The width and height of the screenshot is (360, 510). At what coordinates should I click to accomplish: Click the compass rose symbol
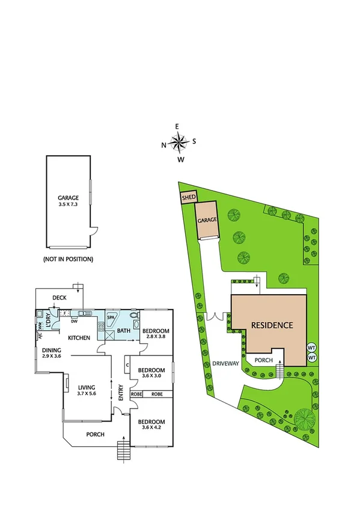coord(178,143)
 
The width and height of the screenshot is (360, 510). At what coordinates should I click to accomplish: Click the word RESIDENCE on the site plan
coord(272,325)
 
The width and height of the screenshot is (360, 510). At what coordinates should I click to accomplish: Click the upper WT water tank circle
coord(311,348)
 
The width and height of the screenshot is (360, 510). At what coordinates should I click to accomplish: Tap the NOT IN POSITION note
coord(68,259)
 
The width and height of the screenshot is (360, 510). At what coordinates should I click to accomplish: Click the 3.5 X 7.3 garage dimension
coord(68,204)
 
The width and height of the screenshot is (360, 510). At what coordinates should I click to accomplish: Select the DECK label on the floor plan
coord(59,297)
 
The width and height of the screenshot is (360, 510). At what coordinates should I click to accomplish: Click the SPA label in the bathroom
coord(111,317)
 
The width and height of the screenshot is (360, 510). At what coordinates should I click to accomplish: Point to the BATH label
coord(123,331)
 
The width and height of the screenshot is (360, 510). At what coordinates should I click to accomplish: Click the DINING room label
coord(51,350)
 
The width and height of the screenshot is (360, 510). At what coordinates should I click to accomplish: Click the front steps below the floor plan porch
coord(123,450)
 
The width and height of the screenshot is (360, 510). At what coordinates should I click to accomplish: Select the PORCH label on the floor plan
coord(95,434)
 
